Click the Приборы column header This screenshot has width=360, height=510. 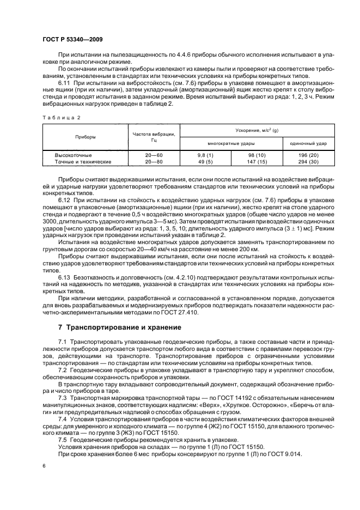pyautogui.click(x=85, y=137)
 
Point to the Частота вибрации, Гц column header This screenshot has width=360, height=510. pyautogui.click(x=153, y=137)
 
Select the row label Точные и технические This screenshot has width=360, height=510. pyautogui.click(x=83, y=162)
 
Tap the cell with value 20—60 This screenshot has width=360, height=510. pyautogui.click(x=152, y=155)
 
